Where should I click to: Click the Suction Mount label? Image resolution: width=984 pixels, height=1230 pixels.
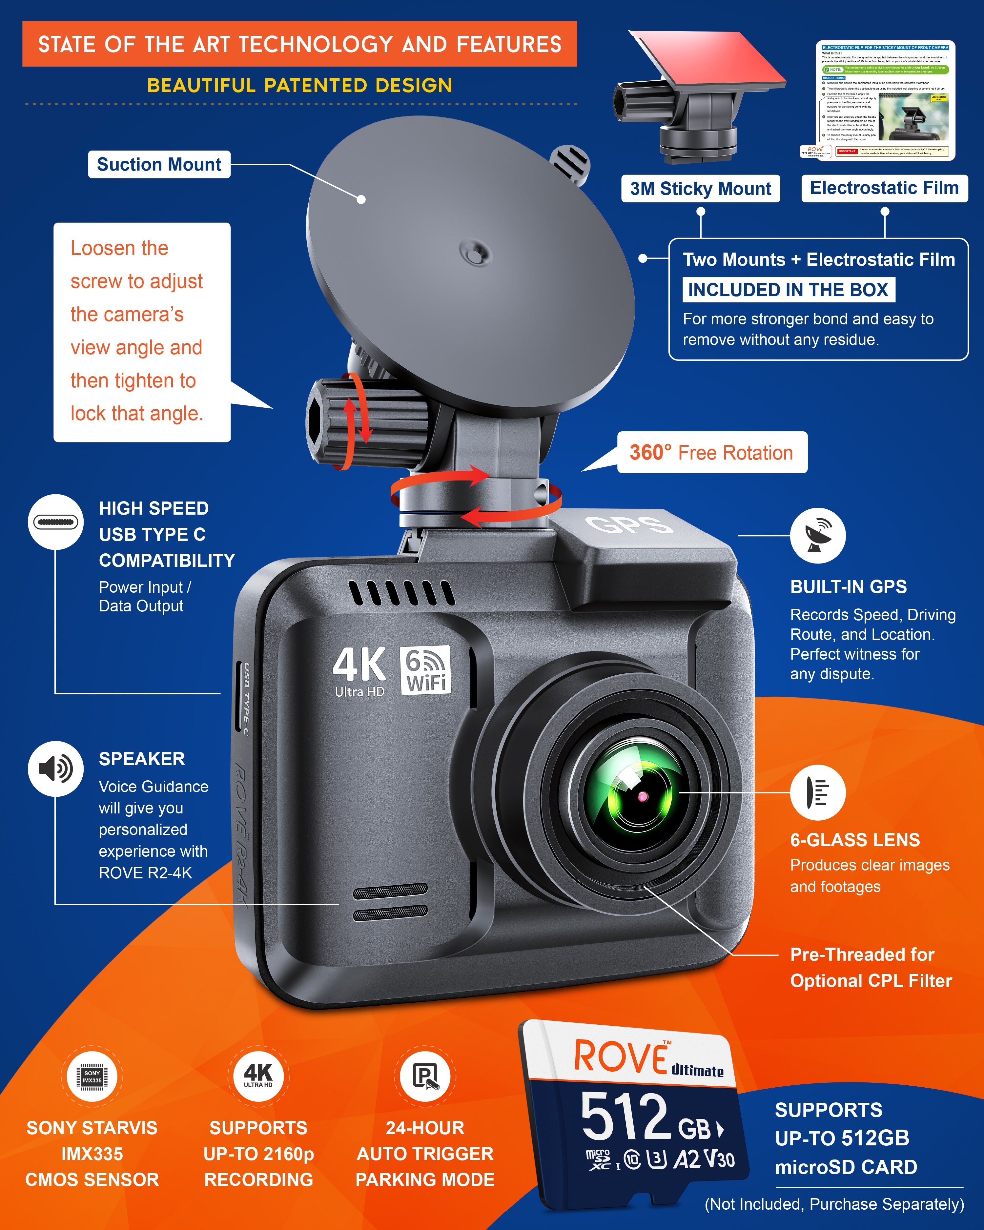click(159, 164)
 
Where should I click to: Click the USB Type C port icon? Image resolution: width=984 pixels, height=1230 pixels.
click(55, 522)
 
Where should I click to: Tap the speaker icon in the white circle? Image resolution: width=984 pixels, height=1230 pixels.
click(55, 769)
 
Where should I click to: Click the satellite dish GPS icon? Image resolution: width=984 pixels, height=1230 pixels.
click(817, 535)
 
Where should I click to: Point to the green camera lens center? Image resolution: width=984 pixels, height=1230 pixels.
click(642, 796)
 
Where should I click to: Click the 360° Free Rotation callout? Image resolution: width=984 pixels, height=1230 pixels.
click(711, 452)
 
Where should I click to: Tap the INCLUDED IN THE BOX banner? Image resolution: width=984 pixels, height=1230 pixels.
click(788, 290)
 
